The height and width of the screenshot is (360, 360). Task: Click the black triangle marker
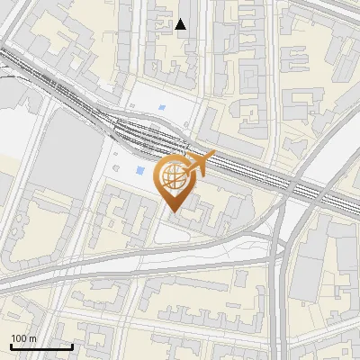(181, 24)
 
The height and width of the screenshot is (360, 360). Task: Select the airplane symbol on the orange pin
(200, 164)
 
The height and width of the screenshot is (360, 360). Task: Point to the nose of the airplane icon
(213, 156)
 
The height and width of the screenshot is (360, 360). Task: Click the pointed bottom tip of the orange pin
(174, 212)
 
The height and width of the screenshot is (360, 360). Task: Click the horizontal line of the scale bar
(41, 346)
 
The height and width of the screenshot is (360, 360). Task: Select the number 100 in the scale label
(18, 338)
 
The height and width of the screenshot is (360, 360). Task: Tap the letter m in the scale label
(32, 338)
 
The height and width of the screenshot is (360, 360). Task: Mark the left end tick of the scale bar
(10, 345)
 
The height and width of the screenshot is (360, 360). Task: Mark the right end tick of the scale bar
(73, 345)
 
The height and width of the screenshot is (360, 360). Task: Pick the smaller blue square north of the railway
(162, 109)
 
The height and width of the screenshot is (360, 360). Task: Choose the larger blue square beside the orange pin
(139, 170)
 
